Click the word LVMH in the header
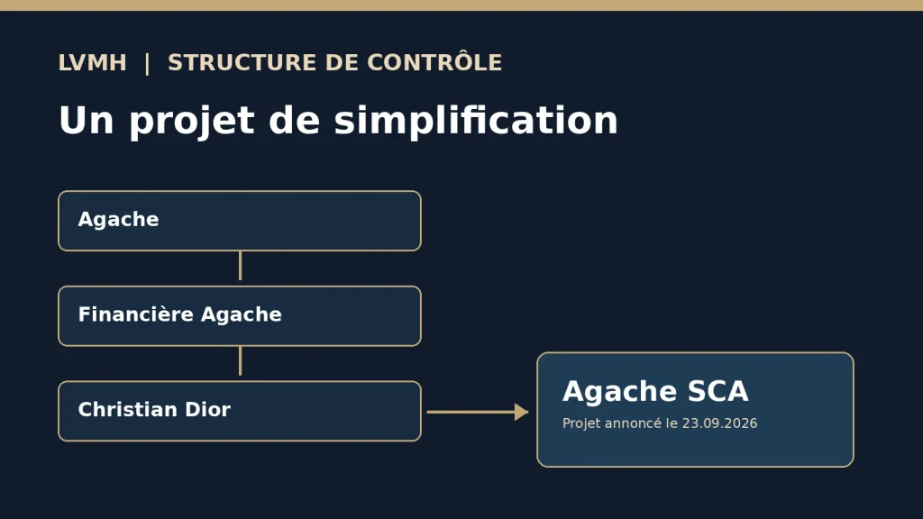(x=93, y=62)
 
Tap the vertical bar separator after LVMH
(x=147, y=64)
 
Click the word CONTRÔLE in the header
(x=434, y=62)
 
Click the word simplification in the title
(x=476, y=121)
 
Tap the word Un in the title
(x=86, y=121)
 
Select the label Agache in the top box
(x=118, y=220)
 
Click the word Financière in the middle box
(x=136, y=314)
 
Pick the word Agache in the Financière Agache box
(x=242, y=314)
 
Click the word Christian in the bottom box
(x=128, y=410)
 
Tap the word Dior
(x=208, y=410)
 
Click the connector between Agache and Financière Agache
(x=240, y=266)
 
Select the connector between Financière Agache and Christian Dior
(x=240, y=360)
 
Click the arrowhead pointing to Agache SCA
(x=522, y=412)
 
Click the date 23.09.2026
(x=719, y=423)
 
